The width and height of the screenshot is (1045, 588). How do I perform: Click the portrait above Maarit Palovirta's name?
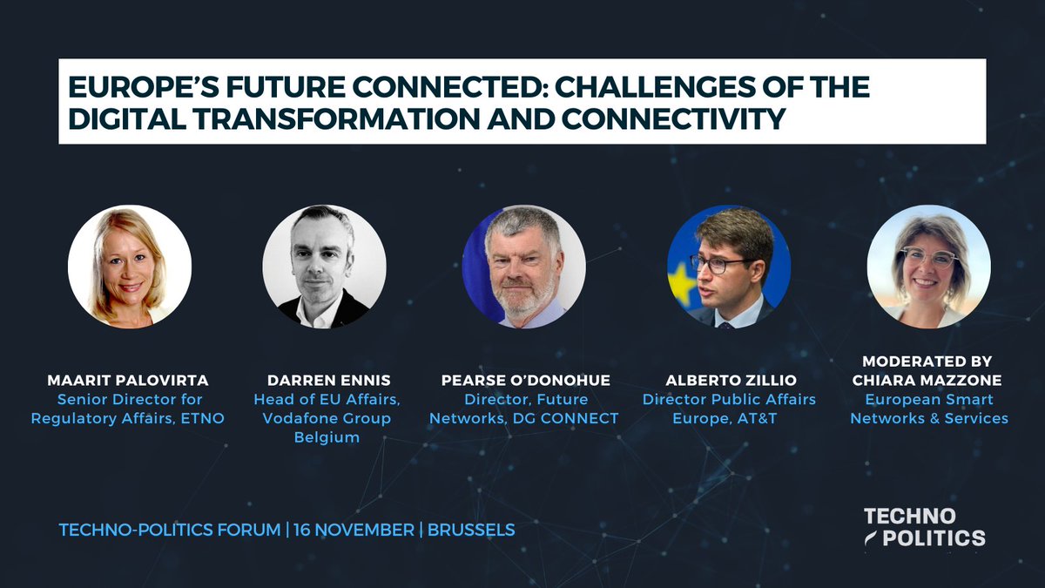(130, 267)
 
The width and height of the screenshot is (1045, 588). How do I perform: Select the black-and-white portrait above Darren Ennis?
(325, 267)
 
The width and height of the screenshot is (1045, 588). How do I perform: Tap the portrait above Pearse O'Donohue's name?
(523, 267)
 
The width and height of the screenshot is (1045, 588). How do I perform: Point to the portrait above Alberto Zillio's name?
(729, 267)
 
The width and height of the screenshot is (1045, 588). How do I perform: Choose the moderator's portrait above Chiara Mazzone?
(928, 267)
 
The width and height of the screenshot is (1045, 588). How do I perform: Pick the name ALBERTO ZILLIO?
(729, 381)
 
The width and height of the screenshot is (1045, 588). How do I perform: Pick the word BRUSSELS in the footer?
(471, 530)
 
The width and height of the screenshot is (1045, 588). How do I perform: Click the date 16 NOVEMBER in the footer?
(354, 530)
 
